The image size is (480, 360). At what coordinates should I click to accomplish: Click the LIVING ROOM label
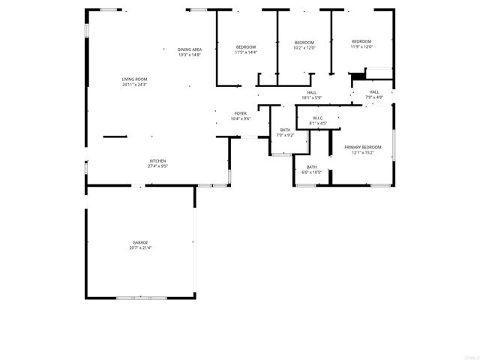(134, 79)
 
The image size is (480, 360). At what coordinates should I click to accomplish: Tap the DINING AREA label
(190, 49)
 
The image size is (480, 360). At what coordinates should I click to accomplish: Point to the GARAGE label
(140, 242)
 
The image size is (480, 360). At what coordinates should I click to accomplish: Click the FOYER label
(240, 113)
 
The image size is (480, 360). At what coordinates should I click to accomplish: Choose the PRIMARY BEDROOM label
(363, 147)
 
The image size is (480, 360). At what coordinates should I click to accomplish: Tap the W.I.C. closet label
(318, 118)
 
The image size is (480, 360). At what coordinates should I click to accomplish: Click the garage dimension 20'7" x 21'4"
(140, 248)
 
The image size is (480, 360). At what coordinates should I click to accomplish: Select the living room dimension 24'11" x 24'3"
(134, 85)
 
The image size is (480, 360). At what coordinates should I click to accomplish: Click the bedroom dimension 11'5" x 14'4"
(246, 52)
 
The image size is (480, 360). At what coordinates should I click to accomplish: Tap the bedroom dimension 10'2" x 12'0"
(304, 48)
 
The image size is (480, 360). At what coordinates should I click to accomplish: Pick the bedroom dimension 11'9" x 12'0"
(361, 46)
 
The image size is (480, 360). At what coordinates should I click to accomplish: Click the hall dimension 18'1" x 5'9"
(311, 97)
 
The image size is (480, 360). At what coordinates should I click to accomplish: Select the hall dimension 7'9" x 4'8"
(374, 97)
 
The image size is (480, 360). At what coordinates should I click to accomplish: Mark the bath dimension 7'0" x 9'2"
(286, 135)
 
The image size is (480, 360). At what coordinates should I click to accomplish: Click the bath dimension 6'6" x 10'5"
(311, 172)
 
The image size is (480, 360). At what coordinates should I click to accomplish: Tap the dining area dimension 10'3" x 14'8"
(190, 55)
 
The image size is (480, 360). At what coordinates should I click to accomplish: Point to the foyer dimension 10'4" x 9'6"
(240, 118)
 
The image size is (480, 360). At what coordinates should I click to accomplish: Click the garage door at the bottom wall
(141, 298)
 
